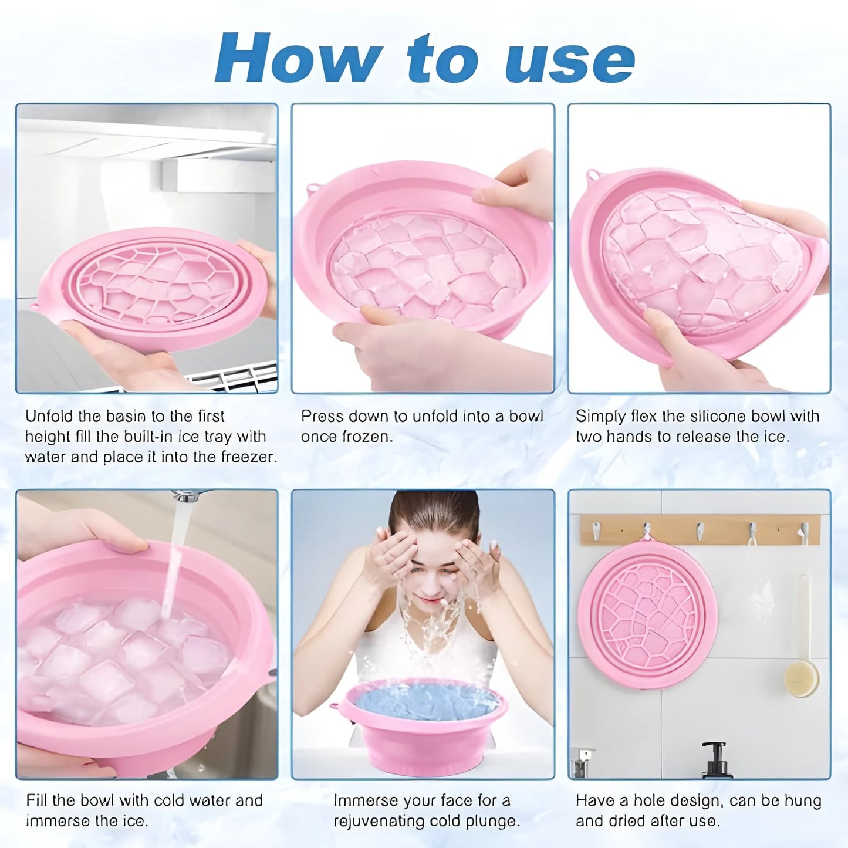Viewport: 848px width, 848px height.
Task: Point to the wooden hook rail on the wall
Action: (700, 530)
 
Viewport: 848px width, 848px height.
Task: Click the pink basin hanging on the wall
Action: (648, 614)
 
